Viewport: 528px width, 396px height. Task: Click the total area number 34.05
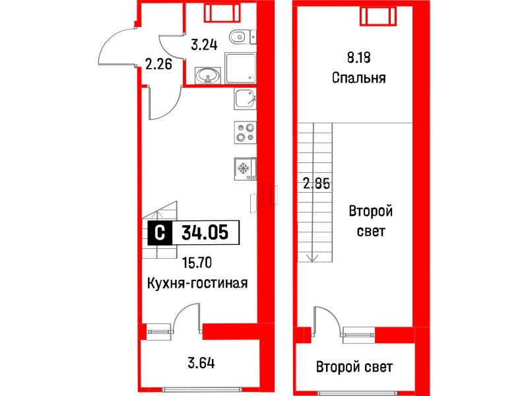click(205, 232)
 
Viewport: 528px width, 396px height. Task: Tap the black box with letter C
click(158, 232)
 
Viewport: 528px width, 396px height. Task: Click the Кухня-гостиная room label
click(197, 283)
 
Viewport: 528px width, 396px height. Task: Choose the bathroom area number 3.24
click(204, 46)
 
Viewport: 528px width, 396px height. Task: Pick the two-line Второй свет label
click(371, 222)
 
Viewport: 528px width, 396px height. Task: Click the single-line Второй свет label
click(354, 367)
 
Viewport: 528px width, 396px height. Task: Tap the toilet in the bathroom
click(239, 37)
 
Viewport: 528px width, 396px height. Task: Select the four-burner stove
click(245, 133)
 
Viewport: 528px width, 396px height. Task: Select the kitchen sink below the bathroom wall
click(245, 98)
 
